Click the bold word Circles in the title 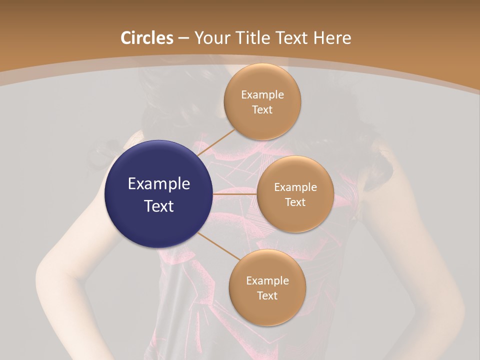coord(147,38)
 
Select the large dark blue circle coord(158,194)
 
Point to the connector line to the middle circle coord(235,194)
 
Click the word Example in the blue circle coord(159,183)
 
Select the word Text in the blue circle coord(159,205)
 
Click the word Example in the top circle coord(262,94)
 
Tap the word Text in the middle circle coord(295,202)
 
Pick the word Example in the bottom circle coord(267,280)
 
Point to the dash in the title coord(183,38)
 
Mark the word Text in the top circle coord(262,109)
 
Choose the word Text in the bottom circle coord(267,295)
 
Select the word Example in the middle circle coord(295,187)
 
